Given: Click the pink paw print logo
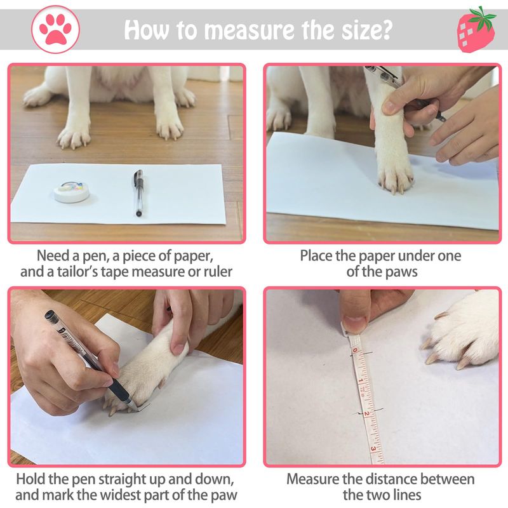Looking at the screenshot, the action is pyautogui.click(x=55, y=29).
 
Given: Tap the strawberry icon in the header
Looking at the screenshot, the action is pyautogui.click(x=476, y=29).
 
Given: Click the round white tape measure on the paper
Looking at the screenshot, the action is pyautogui.click(x=72, y=192).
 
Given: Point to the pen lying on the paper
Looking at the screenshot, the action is pyautogui.click(x=138, y=192).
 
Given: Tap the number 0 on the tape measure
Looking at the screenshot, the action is pyautogui.click(x=355, y=351).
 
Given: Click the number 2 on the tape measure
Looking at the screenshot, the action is pyautogui.click(x=366, y=414).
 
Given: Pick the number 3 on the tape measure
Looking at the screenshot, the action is pyautogui.click(x=373, y=449).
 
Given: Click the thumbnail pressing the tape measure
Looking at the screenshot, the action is pyautogui.click(x=356, y=323).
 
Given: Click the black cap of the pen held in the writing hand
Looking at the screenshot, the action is pyautogui.click(x=52, y=317).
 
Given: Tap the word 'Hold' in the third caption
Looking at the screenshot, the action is pyautogui.click(x=30, y=479).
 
